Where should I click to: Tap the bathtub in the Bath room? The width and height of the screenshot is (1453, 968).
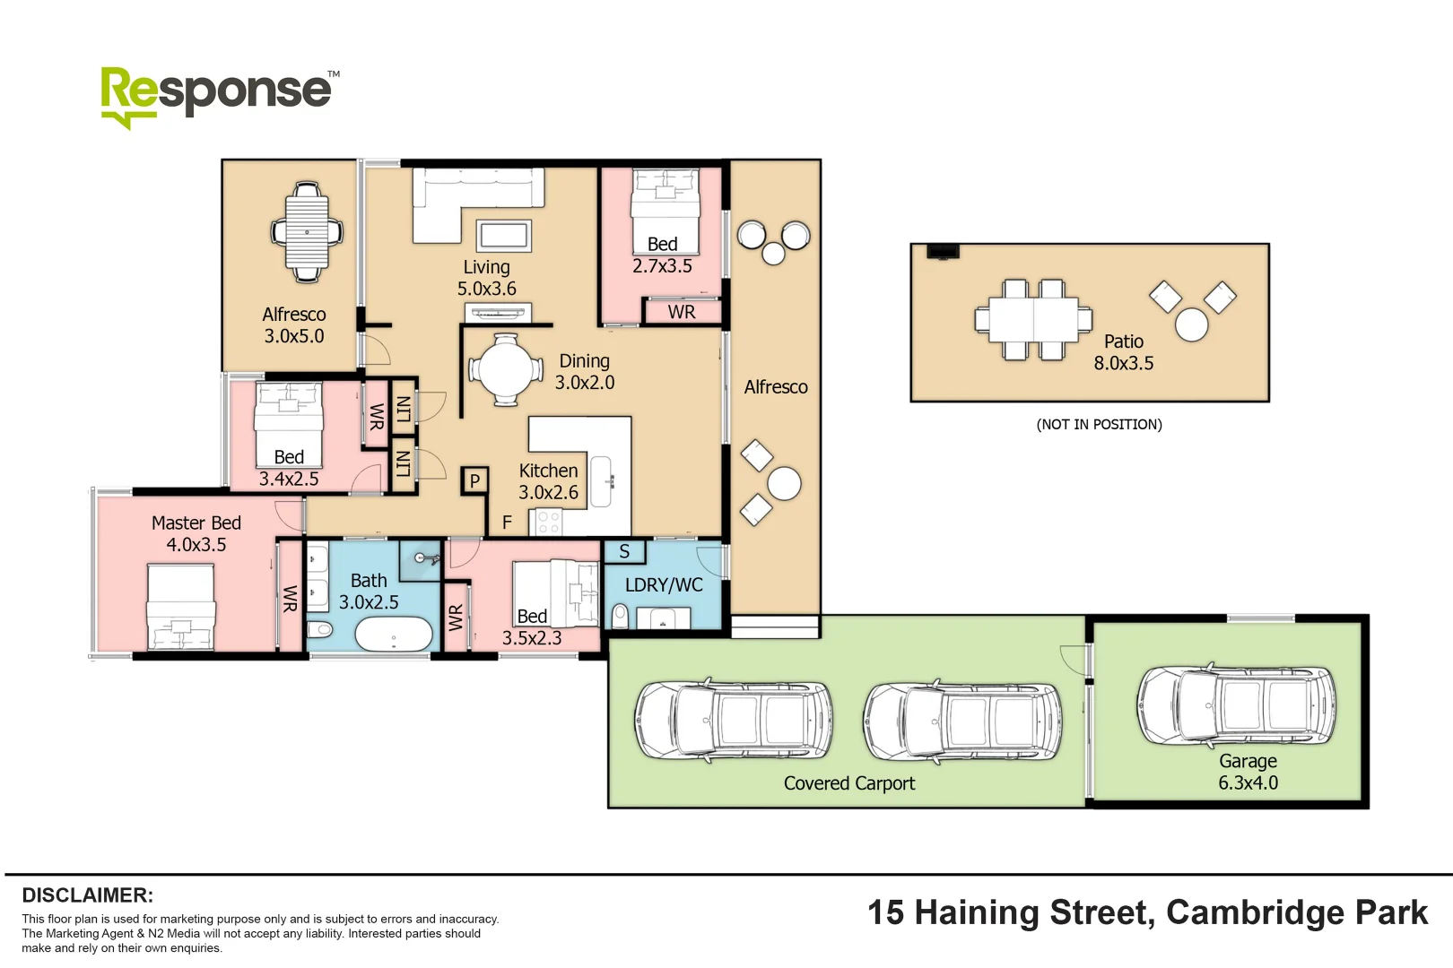pos(393,635)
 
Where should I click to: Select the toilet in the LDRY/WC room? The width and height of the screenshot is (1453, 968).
pos(620,616)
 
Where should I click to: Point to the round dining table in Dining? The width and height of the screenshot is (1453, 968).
pos(505,368)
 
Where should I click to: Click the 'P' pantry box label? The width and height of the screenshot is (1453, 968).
pos(474,481)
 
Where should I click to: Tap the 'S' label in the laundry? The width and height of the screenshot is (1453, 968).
pos(624,552)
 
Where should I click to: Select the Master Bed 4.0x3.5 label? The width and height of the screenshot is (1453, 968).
pos(196,533)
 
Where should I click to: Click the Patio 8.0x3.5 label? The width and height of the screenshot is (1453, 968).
pos(1123,352)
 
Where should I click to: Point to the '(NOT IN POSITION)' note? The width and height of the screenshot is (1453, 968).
pos(1099,424)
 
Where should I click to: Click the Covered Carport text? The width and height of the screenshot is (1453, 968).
pos(848,783)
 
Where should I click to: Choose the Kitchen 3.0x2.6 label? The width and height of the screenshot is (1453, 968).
pos(548,481)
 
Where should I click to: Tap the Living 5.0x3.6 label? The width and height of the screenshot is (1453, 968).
pos(486,278)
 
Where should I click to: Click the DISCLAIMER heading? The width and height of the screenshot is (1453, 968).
pos(87,895)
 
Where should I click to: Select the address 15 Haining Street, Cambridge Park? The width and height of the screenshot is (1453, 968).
pos(1146,912)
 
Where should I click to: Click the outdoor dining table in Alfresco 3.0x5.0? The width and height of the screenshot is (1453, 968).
pos(307,232)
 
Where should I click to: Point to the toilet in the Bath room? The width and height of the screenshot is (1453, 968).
pos(320,627)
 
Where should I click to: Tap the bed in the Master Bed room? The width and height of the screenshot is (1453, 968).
pos(180,607)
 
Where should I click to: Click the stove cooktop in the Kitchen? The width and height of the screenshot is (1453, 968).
pos(548,522)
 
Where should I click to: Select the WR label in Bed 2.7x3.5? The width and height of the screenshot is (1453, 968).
pos(682,312)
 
